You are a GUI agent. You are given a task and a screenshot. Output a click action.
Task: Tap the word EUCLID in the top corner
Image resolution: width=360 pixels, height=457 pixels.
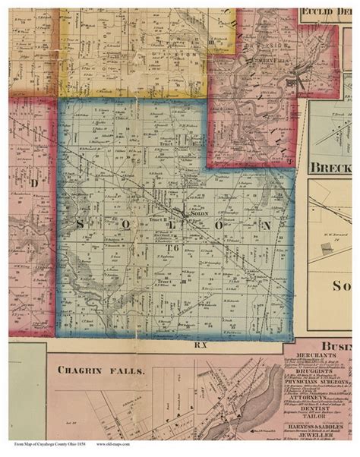coord(318,11)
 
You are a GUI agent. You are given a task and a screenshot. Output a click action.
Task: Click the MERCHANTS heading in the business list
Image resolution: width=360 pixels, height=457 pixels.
coord(321,355)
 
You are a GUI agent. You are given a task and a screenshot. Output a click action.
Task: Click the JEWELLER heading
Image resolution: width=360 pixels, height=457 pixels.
coord(321,437)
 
